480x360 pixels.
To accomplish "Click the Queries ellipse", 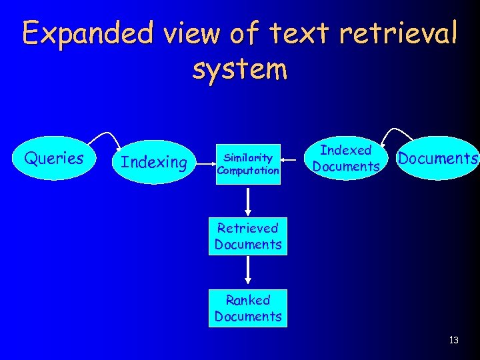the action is pos(54,159).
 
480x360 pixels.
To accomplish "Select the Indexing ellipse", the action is pos(154,162).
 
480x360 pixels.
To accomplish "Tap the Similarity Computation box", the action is pos(248,164).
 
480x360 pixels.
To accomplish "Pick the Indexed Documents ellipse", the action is pos(346,159).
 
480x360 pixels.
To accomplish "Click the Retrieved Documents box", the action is pos(248,236).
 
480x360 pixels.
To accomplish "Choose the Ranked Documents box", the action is pos(248,308).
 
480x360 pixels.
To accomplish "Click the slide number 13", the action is pos(454,340).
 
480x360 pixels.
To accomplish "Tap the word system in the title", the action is pos(240,68).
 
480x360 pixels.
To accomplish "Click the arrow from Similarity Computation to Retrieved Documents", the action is pos(248,202).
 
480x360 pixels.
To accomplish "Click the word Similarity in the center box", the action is pos(248,158).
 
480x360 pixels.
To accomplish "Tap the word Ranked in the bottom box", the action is pos(248,300).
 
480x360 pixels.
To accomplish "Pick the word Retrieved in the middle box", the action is pos(248,228).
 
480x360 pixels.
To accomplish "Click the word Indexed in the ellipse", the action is pos(346,151).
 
